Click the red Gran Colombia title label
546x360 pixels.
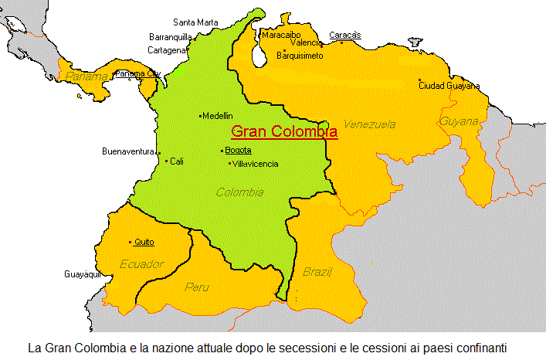tap(284, 131)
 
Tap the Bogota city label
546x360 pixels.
tap(238, 151)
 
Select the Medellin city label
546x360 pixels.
tap(218, 116)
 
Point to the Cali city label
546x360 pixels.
tap(178, 161)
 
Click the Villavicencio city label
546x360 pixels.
tap(256, 164)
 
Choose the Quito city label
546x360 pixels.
tap(144, 243)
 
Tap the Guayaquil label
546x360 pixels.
tap(83, 274)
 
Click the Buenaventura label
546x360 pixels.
tap(128, 151)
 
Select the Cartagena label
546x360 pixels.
tap(166, 50)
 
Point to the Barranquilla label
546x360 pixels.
tap(170, 36)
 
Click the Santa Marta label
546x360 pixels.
tap(195, 22)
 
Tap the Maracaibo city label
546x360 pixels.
tap(281, 35)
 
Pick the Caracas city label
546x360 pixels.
tap(344, 35)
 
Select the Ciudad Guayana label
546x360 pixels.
tap(449, 86)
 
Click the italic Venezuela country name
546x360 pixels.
tap(370, 124)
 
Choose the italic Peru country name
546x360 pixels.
tap(197, 287)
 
